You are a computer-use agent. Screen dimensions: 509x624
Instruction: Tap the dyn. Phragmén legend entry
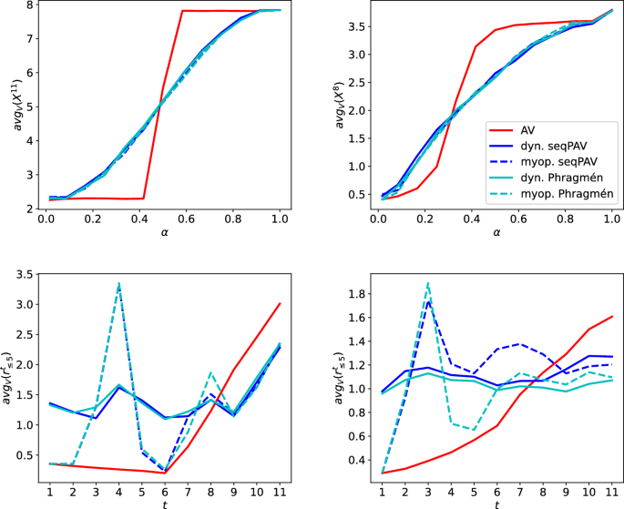tap(560, 177)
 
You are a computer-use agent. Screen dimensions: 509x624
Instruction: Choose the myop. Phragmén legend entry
tap(564, 194)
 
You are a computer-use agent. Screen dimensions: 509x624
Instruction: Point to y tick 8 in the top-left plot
tap(29, 5)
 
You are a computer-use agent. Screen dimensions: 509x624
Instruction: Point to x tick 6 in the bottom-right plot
tap(496, 491)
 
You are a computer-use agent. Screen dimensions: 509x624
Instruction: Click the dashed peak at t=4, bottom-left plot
tap(118, 285)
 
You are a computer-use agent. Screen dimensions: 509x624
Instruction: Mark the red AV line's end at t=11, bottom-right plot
tap(611, 317)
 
